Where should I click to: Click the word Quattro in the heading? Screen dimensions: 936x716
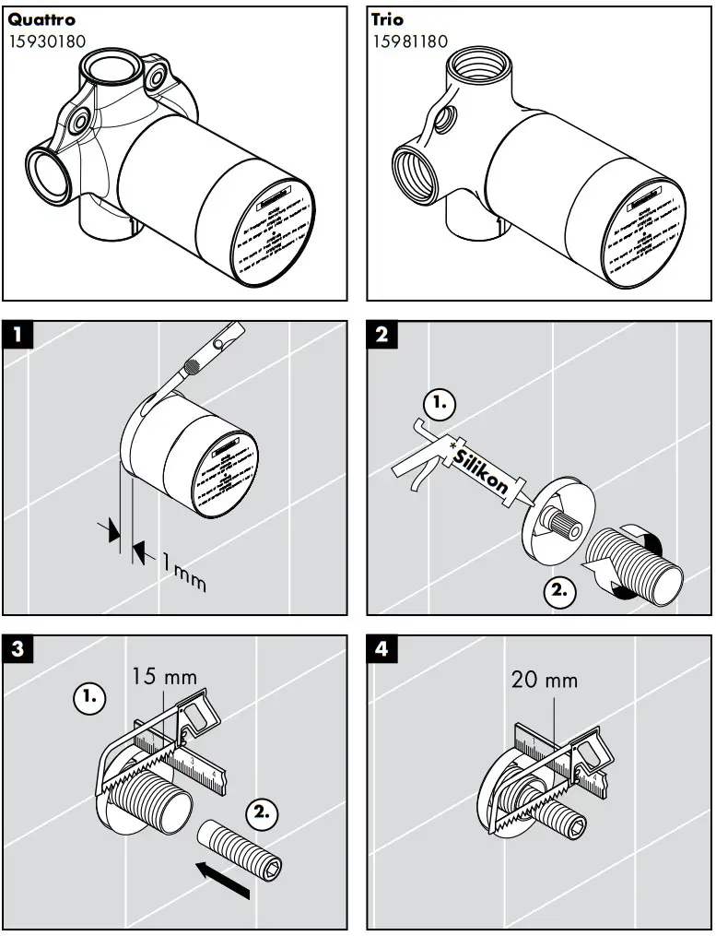point(41,19)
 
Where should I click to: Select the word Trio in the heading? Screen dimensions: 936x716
point(387,19)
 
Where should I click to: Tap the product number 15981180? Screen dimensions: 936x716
point(410,41)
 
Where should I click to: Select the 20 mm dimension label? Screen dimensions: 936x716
point(545,681)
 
